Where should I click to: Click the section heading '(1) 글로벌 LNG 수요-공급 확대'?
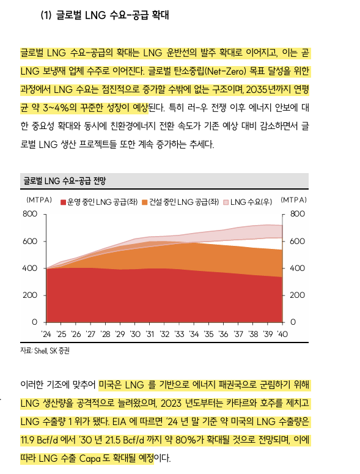105,15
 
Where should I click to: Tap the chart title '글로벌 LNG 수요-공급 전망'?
65,181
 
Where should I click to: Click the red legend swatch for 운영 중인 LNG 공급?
63,202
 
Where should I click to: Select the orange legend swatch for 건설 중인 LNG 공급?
145,202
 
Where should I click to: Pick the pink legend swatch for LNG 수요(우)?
226,202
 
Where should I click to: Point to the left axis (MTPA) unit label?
39,200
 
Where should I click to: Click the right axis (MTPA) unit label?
293,200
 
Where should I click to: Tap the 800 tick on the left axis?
30,214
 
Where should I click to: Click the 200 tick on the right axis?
297,295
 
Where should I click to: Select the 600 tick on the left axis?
30,241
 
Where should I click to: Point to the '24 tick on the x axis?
46,334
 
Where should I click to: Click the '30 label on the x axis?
135,334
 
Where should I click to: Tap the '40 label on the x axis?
283,334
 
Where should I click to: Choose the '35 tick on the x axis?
209,334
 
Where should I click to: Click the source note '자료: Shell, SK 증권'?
45,350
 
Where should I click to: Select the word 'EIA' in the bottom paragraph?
119,421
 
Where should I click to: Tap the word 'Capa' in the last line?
90,458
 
